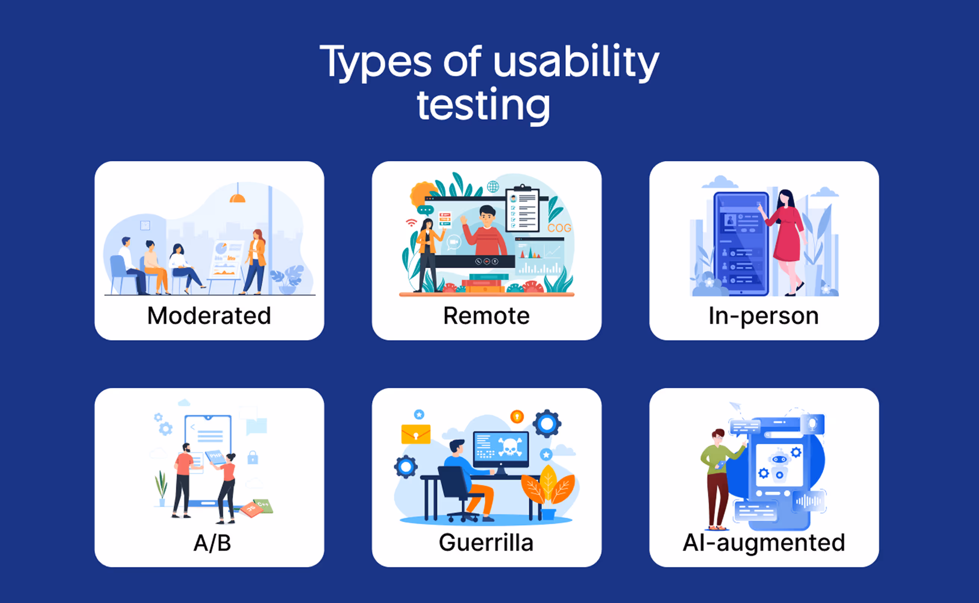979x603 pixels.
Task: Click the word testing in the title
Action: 483,106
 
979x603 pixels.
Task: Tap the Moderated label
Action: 209,315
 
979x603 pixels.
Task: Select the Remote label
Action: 486,315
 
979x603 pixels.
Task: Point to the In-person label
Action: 763,316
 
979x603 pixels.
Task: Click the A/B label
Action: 212,543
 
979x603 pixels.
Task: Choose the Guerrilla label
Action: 486,543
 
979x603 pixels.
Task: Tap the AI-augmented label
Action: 764,543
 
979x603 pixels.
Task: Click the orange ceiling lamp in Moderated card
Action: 238,198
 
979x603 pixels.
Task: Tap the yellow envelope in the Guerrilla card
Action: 416,434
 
